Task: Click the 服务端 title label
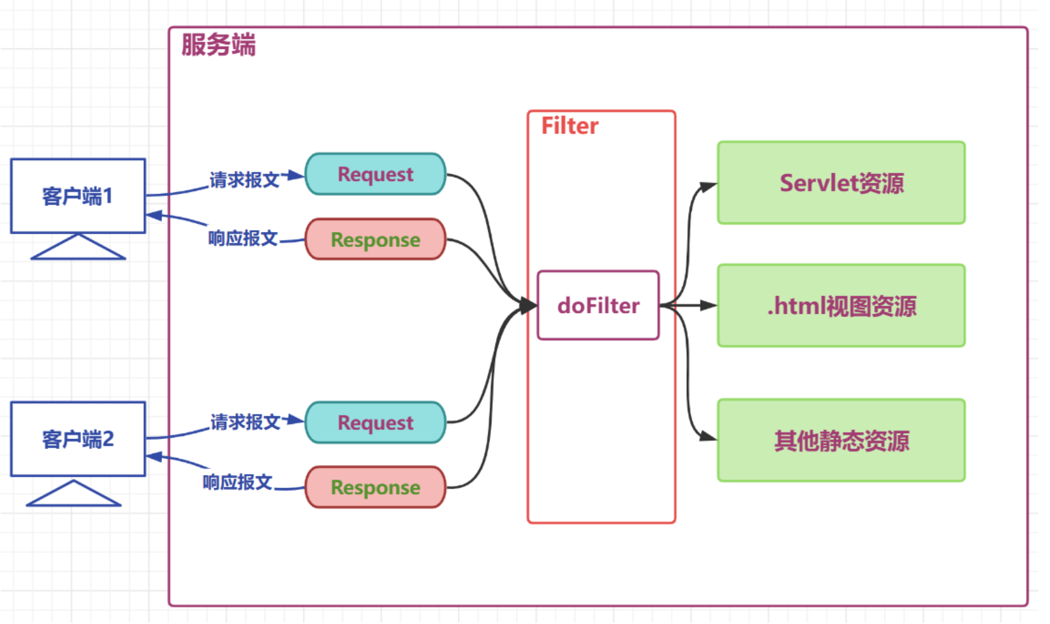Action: (219, 44)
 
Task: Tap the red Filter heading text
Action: (570, 126)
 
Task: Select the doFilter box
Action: (598, 305)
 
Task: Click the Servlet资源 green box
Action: (842, 182)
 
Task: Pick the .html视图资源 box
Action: (842, 306)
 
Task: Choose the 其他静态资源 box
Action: (842, 440)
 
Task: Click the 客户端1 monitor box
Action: (78, 196)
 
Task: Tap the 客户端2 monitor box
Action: (78, 439)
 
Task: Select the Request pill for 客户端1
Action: (376, 174)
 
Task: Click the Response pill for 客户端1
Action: (376, 239)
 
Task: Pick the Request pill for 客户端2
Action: (376, 422)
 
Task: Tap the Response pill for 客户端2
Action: (376, 487)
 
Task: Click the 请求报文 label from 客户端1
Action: (244, 180)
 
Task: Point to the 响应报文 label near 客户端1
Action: (243, 238)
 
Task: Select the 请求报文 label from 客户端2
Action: (245, 422)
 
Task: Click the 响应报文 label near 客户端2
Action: (238, 482)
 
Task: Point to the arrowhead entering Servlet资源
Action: (708, 187)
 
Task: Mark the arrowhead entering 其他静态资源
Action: (708, 436)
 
